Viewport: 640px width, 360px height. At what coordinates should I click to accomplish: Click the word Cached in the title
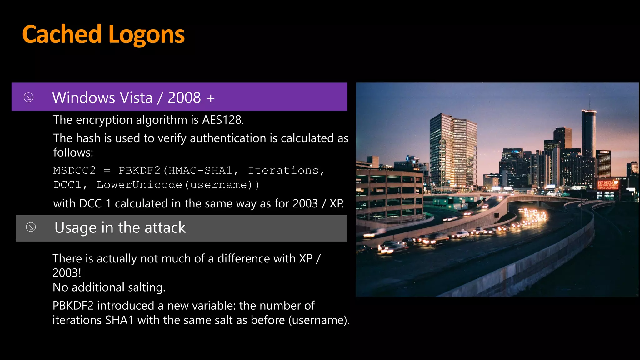coord(62,34)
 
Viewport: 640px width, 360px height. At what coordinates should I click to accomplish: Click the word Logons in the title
coord(147,35)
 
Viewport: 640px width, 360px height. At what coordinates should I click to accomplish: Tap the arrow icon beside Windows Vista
coord(29,97)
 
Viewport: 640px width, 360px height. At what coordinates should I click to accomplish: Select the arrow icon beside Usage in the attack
coord(31,227)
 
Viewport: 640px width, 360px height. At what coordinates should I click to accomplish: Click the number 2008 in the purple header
coord(184,97)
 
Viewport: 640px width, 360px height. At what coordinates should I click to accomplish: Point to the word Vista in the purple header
coord(137,97)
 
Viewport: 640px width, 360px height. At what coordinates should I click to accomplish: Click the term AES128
coord(222,120)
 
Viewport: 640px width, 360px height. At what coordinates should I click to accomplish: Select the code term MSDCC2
coord(74,170)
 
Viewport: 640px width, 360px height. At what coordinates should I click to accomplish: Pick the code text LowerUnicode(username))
coord(178,185)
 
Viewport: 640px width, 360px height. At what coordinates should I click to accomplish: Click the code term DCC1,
coord(70,185)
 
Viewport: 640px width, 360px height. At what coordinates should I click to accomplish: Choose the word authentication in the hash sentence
coord(228,138)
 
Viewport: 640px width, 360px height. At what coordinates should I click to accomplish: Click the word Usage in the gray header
coord(75,227)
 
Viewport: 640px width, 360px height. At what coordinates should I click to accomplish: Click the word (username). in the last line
coord(319,320)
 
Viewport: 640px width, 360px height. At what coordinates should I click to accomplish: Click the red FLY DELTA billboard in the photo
coord(607,185)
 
